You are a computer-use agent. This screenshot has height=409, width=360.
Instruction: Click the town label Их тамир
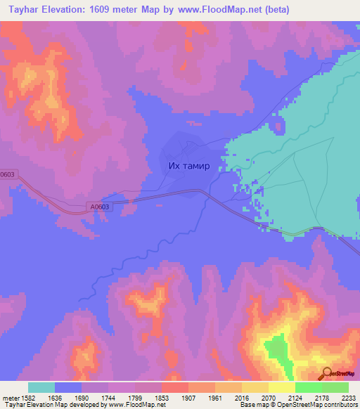click(189, 167)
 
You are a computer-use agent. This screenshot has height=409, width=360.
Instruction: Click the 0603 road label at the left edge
click(7, 174)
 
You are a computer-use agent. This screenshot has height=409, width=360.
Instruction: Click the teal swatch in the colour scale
click(41, 387)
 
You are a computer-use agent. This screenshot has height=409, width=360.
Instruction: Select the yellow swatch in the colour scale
click(281, 387)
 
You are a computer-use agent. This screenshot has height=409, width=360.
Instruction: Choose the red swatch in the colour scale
click(174, 387)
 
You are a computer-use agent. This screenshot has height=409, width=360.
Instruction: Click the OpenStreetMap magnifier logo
click(327, 373)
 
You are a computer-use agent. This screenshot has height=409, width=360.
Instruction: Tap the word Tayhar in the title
click(18, 10)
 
